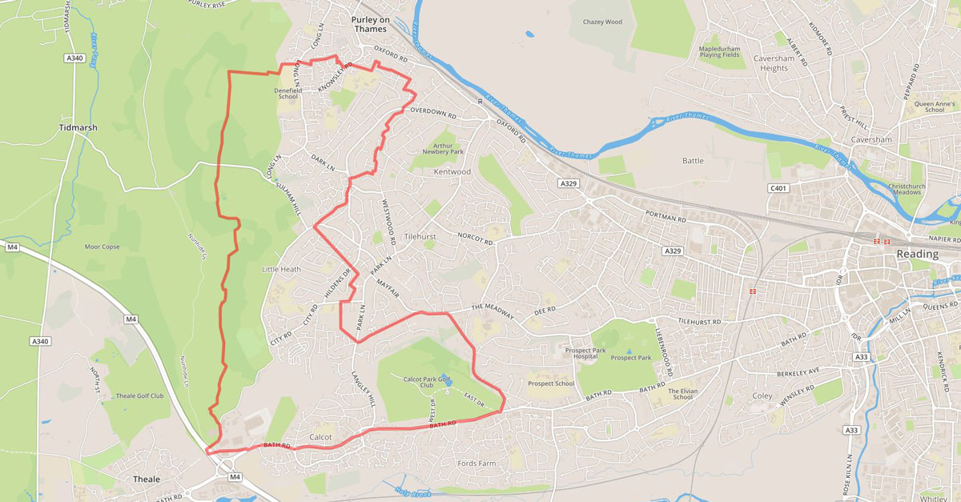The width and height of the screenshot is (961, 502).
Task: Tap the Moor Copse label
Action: point(102,247)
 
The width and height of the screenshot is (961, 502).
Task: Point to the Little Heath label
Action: point(281,269)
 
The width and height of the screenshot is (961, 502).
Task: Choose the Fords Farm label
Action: point(477,463)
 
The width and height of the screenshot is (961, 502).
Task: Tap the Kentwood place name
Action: point(452,171)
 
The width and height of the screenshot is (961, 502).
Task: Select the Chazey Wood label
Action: point(602,22)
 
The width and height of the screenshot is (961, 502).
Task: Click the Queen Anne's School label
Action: point(935,106)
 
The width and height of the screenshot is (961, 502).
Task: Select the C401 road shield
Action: point(778,188)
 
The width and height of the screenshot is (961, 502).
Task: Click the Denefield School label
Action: point(287,93)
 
